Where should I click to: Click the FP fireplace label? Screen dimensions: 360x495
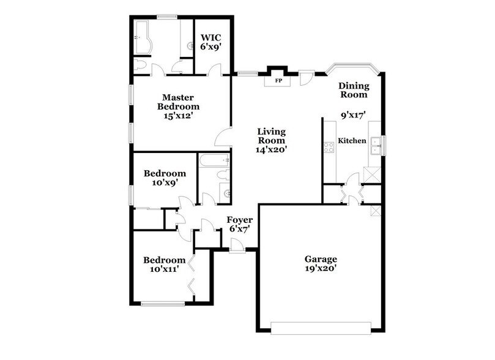click(278, 80)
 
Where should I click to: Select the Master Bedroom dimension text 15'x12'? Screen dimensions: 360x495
click(178, 115)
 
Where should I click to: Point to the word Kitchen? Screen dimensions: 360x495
click(352, 141)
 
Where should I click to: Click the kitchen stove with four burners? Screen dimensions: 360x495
click(329, 146)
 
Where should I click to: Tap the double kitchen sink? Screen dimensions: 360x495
click(377, 145)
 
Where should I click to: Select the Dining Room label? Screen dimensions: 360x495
click(354, 90)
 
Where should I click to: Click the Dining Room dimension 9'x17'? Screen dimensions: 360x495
click(353, 113)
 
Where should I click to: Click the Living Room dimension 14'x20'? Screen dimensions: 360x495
click(272, 148)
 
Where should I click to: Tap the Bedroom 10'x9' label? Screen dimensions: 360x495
click(165, 178)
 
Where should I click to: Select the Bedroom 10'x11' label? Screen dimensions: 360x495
click(165, 264)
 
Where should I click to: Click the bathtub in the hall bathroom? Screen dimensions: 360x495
click(214, 161)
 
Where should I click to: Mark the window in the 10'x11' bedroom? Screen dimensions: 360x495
click(163, 303)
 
